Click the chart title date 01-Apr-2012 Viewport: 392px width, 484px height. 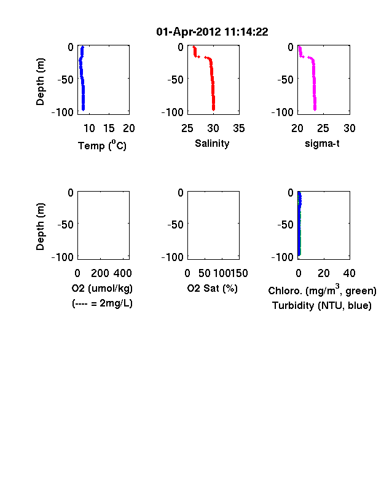tap(189, 32)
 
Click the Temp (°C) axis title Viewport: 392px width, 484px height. tap(102, 145)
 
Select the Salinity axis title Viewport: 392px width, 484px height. tap(212, 144)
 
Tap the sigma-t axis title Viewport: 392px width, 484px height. tap(322, 144)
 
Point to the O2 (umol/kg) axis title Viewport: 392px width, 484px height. tap(102, 288)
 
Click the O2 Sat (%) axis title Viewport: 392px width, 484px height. tap(213, 288)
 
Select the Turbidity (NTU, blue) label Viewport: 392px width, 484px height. tap(322, 306)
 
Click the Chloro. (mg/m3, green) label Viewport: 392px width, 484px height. tap(322, 289)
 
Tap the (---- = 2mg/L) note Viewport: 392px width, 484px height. tap(102, 303)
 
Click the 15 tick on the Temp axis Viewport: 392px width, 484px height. tap(109, 128)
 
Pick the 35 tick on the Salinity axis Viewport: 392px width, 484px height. tap(239, 128)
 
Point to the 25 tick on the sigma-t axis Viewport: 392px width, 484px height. tap(323, 128)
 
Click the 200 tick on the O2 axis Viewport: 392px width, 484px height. tap(100, 273)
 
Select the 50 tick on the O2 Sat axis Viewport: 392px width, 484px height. tap(205, 273)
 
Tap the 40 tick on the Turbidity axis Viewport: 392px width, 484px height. tap(349, 273)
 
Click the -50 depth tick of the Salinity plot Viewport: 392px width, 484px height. tap(175, 80)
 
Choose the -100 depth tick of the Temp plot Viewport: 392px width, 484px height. tap(62, 112)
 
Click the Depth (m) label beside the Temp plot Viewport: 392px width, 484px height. tap(40, 82)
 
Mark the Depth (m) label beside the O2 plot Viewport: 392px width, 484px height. tap(40, 227)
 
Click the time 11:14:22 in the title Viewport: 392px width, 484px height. tap(246, 32)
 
